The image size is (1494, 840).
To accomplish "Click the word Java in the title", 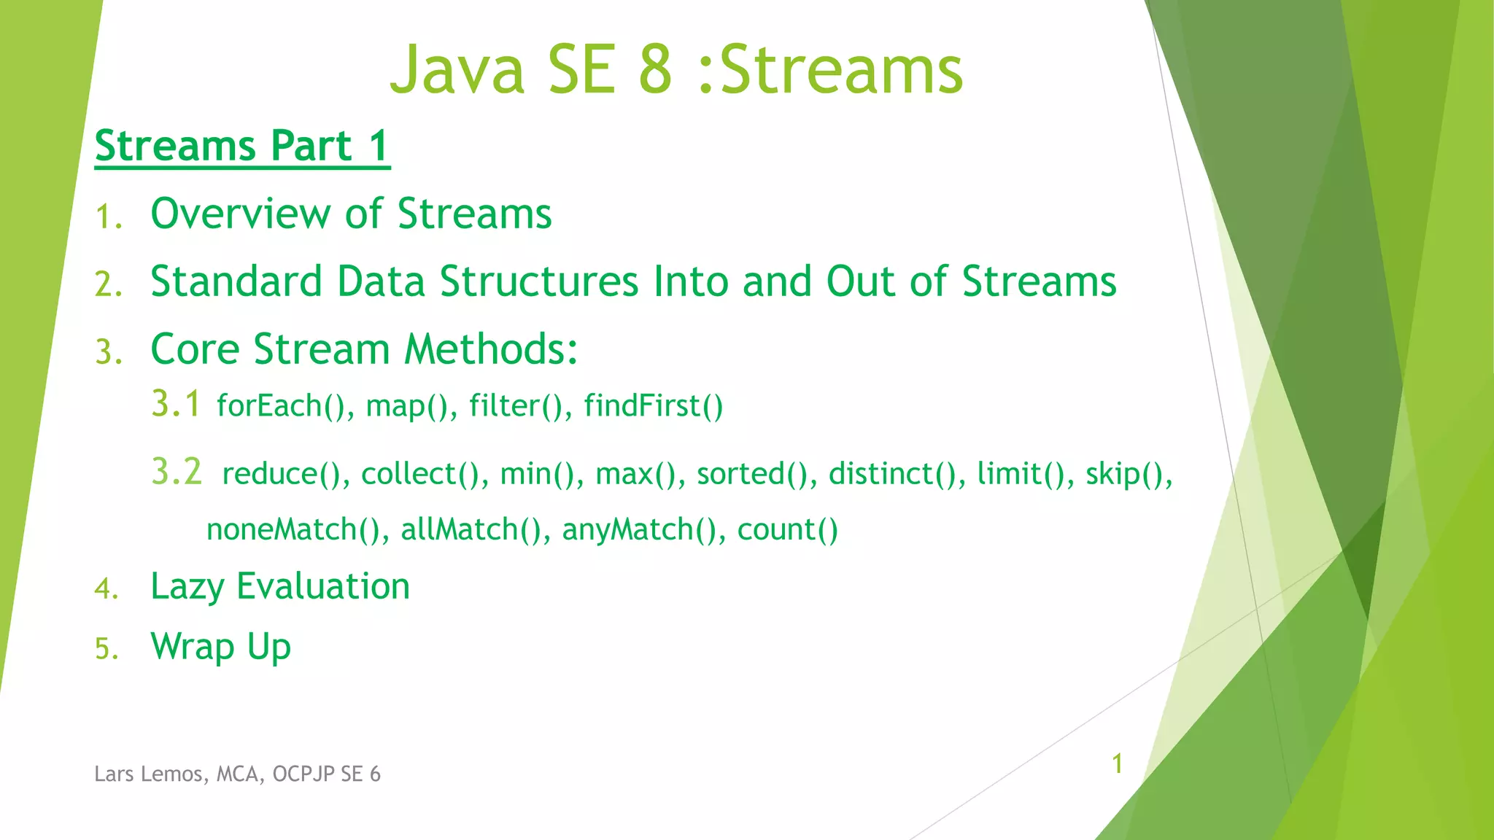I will point(457,70).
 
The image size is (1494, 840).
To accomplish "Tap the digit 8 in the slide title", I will point(654,70).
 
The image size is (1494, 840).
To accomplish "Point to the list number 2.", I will point(107,284).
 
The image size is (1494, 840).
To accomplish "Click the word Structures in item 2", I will point(539,281).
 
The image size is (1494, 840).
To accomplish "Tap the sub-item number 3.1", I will point(175,404).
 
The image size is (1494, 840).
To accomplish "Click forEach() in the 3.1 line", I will point(280,406).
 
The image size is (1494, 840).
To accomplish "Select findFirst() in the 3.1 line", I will point(653,406).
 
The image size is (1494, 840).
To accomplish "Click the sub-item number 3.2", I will point(176,472).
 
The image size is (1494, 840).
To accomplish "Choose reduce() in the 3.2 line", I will point(281,474).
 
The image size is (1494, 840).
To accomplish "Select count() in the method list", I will point(787,529).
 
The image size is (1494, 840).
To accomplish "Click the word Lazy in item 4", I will point(187,587).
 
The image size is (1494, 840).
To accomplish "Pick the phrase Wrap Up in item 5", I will point(220,647).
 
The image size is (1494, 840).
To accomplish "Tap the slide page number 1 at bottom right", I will point(1117,763).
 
